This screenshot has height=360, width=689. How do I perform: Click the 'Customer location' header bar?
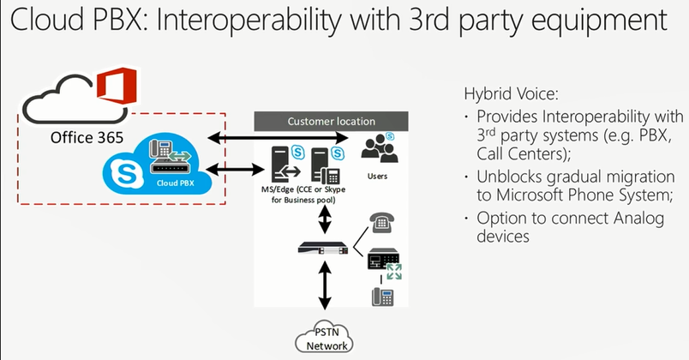tap(331, 121)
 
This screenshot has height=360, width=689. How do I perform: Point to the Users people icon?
tap(377, 148)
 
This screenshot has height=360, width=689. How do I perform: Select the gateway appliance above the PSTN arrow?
tap(324, 247)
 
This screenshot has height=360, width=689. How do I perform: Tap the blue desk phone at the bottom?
tap(382, 297)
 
